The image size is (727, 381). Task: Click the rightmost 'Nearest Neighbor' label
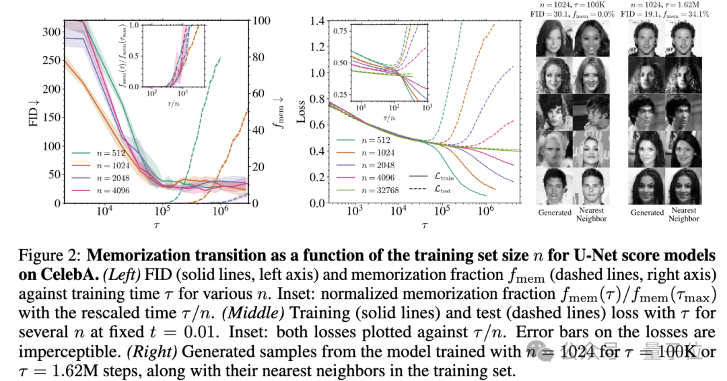[x=684, y=215]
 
